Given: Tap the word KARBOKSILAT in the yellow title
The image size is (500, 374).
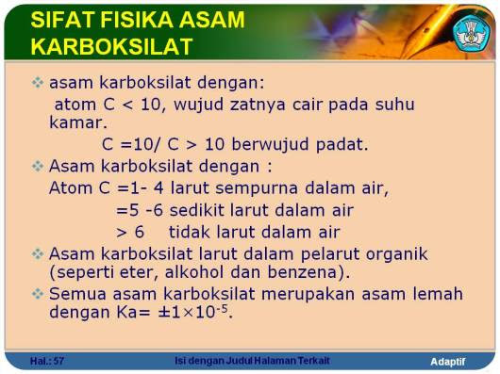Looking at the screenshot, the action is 112,47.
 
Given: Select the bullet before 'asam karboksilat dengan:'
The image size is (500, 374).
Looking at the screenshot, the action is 38,83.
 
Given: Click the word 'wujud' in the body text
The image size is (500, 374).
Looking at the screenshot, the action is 198,105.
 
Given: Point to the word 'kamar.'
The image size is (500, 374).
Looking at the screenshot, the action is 78,122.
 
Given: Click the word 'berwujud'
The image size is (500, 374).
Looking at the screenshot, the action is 270,144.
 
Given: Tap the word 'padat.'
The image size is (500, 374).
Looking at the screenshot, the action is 342,144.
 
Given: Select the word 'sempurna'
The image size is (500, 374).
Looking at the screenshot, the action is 257,188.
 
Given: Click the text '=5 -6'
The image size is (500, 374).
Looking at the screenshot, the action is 140,211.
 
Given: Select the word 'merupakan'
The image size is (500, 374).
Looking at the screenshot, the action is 308,294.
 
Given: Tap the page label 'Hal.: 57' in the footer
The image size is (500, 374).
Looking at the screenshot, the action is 47,361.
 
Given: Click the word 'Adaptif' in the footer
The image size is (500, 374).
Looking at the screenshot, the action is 448,362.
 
